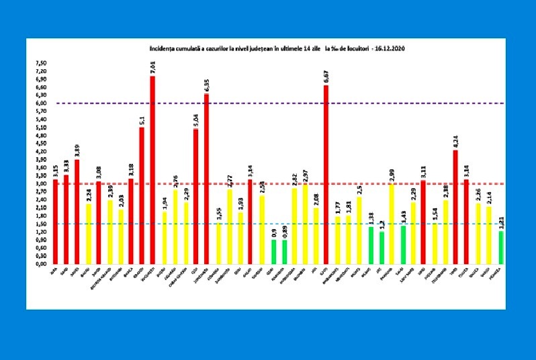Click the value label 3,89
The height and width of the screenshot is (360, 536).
(77, 150)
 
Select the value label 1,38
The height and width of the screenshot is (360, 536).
(371, 218)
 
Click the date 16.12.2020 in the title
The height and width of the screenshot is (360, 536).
(390, 49)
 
